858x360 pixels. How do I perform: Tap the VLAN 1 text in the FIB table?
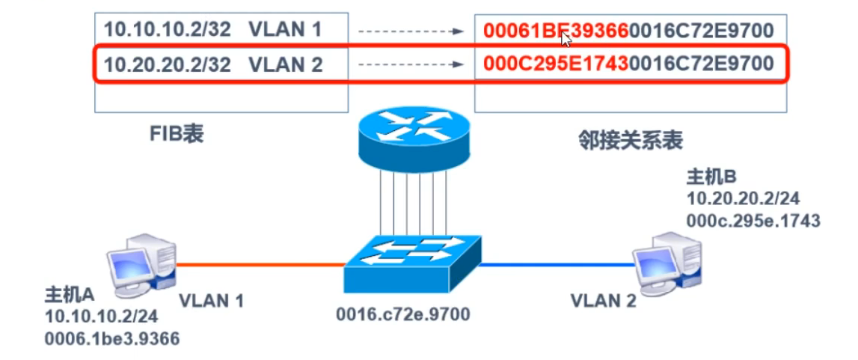[x=284, y=30]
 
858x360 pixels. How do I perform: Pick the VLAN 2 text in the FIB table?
[x=284, y=64]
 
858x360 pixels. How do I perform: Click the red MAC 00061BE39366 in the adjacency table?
[x=556, y=31]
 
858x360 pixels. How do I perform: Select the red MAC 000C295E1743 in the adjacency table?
[x=556, y=64]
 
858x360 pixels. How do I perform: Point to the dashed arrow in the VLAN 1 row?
[x=411, y=31]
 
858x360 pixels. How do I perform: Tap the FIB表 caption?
[x=177, y=135]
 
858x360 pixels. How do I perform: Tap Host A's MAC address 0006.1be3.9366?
[x=113, y=339]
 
